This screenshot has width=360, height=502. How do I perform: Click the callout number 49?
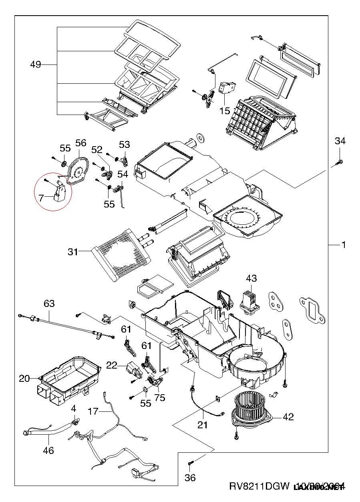36,65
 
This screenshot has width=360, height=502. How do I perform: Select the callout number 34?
340,141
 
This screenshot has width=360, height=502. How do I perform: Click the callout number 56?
80,143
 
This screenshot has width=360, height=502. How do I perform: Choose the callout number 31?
72,252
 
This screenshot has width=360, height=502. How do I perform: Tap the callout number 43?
251,278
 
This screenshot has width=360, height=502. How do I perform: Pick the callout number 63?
49,304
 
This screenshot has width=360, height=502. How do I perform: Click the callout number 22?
112,365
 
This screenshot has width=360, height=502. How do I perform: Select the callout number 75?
160,398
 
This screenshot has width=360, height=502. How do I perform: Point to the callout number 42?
288,417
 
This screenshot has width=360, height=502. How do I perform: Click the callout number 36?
191,477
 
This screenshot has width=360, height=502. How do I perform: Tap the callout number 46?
48,451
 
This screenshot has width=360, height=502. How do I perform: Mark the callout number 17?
93,411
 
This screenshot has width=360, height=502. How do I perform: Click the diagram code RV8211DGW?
259,486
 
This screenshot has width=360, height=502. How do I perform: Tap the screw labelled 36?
191,464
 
